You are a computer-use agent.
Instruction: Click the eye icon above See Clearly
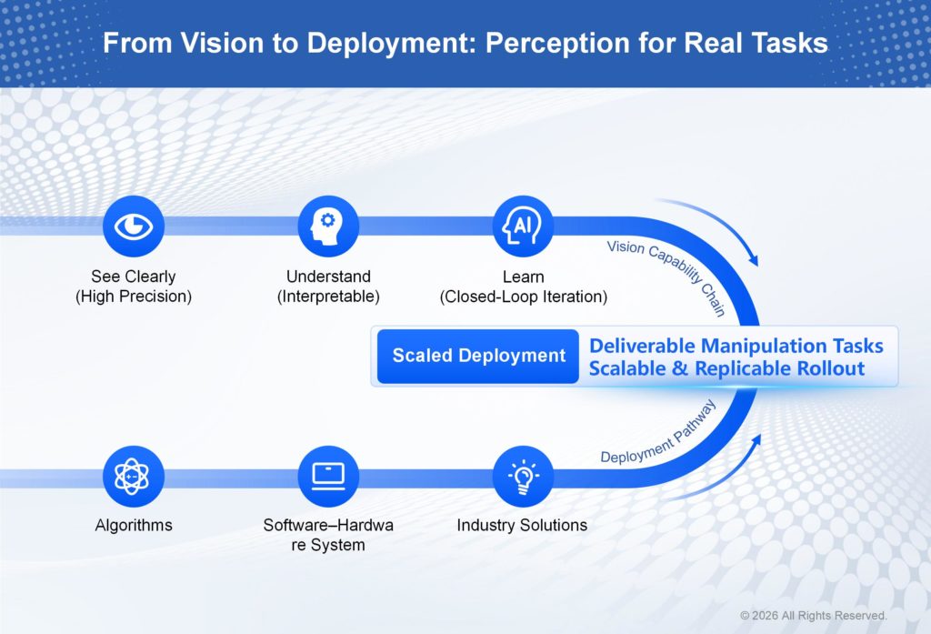(x=134, y=226)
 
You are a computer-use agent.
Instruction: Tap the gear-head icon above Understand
(x=328, y=226)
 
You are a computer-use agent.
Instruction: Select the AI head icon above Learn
(x=523, y=226)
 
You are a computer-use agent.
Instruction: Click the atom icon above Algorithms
(x=134, y=476)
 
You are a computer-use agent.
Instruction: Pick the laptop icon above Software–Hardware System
(x=328, y=476)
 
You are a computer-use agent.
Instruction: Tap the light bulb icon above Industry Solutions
(x=523, y=476)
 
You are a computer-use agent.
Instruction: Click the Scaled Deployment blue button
(x=478, y=356)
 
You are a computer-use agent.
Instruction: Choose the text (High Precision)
(x=134, y=297)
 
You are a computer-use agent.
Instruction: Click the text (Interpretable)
(x=328, y=297)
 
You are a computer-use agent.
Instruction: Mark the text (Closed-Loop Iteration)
(x=523, y=297)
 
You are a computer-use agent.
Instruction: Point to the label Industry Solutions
(x=522, y=525)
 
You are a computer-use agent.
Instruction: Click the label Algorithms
(x=134, y=525)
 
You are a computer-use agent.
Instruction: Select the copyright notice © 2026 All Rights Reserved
(x=813, y=616)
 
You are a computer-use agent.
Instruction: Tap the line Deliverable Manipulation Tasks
(x=736, y=346)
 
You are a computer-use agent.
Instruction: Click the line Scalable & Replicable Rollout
(x=726, y=368)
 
